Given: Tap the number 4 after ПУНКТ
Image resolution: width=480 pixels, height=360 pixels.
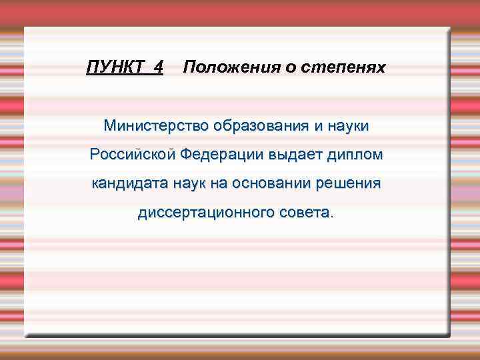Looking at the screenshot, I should click(157, 67).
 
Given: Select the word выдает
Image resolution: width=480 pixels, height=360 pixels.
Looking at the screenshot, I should click(293, 155).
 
